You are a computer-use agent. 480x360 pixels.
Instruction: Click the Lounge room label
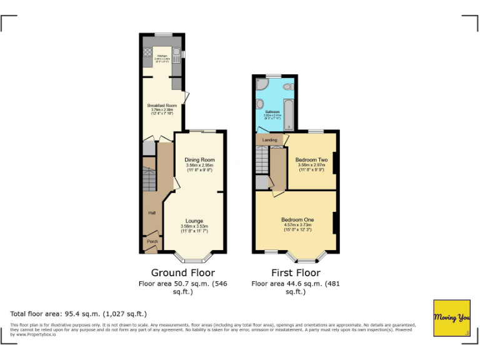(194, 221)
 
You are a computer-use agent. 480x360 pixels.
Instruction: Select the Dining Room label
(199, 160)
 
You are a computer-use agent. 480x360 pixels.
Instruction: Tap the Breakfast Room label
(162, 106)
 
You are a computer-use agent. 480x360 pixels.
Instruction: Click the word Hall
(151, 213)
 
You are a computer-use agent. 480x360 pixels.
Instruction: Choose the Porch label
(152, 241)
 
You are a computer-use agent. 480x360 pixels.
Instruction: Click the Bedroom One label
(297, 219)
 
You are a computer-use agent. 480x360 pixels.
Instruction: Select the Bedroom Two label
(311, 159)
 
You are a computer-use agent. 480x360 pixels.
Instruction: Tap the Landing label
(269, 139)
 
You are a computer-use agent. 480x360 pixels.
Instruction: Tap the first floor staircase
(261, 160)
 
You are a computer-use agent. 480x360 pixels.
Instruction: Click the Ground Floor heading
(183, 272)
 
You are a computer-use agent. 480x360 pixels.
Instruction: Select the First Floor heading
(296, 272)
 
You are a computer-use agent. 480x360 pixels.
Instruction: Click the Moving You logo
(452, 318)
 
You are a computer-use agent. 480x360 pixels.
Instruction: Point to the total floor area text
(79, 313)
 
